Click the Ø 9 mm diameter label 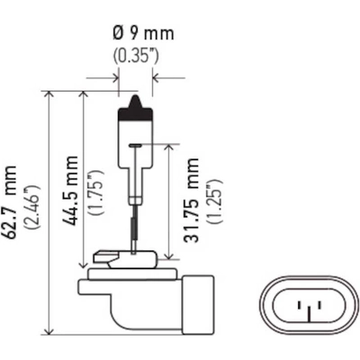click(144, 33)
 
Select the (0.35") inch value click(136, 56)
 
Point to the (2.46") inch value click(33, 208)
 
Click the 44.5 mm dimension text click(70, 191)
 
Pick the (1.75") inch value click(96, 193)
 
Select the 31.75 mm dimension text click(192, 200)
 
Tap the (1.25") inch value click(215, 201)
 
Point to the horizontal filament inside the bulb click(135, 146)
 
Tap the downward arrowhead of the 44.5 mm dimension click(83, 265)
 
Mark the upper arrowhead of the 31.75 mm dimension click(169, 148)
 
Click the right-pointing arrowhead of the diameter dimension click(115, 78)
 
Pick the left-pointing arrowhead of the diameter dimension click(156, 78)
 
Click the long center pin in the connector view click(308, 313)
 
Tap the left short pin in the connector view click(299, 306)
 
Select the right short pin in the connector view click(319, 306)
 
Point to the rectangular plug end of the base click(198, 304)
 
